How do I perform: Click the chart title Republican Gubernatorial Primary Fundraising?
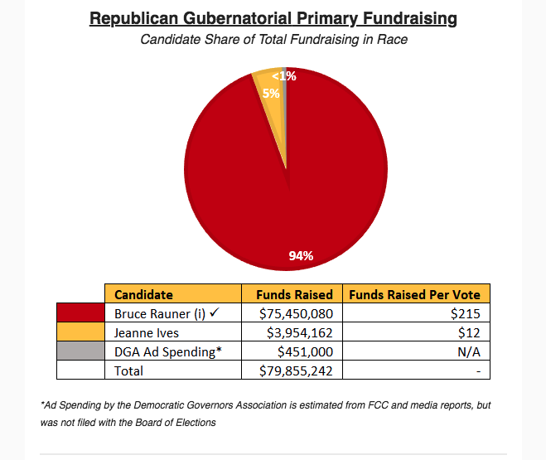click(x=273, y=18)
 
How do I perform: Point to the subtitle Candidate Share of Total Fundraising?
click(x=273, y=39)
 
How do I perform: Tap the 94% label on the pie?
click(x=300, y=255)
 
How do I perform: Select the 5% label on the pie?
click(x=271, y=94)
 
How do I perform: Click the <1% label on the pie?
click(x=283, y=76)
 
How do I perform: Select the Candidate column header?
click(x=143, y=294)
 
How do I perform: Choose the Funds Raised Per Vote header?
click(x=414, y=294)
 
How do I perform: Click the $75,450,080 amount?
click(x=296, y=313)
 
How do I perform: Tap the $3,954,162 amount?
click(x=299, y=332)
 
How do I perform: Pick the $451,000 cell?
click(x=306, y=351)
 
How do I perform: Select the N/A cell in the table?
click(x=470, y=351)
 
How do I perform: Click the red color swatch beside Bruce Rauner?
click(x=80, y=313)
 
